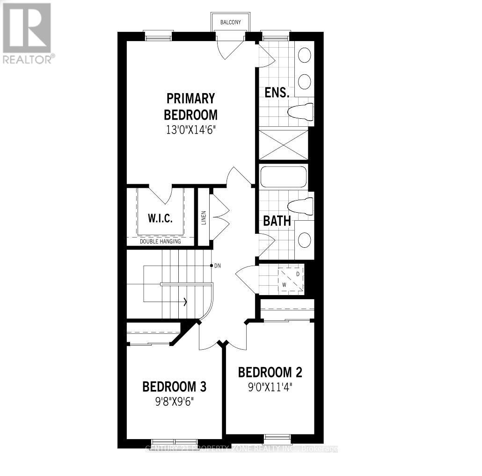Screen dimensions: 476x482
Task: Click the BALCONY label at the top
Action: [x=230, y=22]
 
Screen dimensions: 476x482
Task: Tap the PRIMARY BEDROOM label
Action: [x=190, y=107]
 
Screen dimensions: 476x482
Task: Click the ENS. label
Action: [x=277, y=92]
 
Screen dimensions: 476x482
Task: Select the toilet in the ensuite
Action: [x=300, y=112]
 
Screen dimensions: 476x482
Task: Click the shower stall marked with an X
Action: [x=284, y=145]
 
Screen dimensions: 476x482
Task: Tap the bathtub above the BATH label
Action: [x=283, y=177]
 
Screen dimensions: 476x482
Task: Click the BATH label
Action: [x=277, y=221]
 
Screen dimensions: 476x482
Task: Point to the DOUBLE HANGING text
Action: [x=161, y=241]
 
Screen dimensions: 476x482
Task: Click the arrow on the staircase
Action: [x=186, y=302]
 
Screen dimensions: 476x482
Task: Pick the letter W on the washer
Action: [x=284, y=284]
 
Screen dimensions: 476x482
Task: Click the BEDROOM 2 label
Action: [x=270, y=372]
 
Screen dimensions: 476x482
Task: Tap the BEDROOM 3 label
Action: [x=175, y=387]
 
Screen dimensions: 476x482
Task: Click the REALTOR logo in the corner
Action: [x=28, y=33]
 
